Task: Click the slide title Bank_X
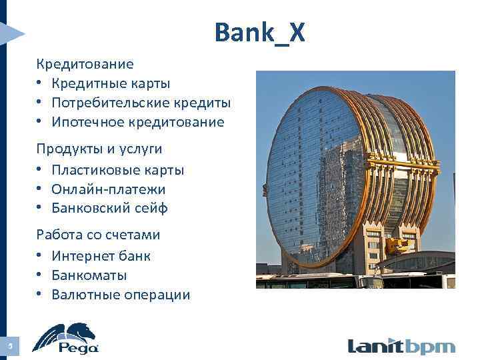point(259,31)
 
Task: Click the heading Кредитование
point(85,64)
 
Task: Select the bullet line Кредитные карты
point(111,83)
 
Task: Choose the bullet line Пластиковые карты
point(117,170)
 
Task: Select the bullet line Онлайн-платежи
point(108,189)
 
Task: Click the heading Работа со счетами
point(98,235)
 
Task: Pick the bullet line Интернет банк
point(101,256)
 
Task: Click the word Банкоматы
point(89,275)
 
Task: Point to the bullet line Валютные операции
point(121,295)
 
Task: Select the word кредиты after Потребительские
point(201,103)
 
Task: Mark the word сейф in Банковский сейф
point(151,209)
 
